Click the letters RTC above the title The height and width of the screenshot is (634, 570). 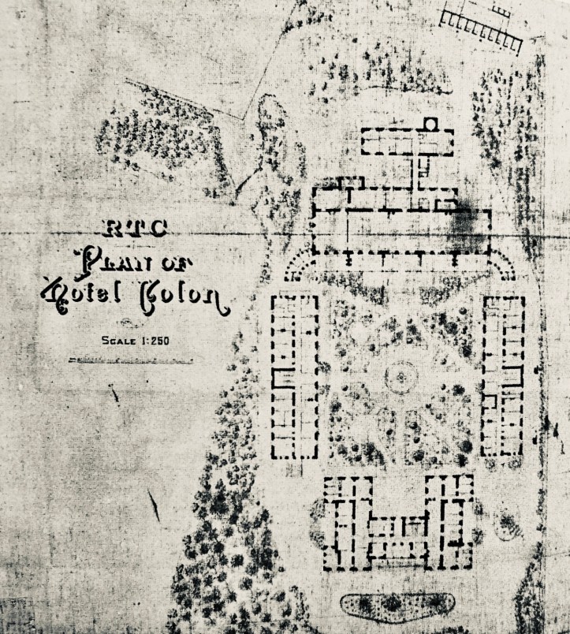tap(136, 229)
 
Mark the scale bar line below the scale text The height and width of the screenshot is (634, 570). tap(130, 360)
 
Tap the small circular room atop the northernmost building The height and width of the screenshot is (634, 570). tap(430, 125)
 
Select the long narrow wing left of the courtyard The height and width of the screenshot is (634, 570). tap(294, 376)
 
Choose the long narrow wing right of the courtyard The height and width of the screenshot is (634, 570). tap(503, 376)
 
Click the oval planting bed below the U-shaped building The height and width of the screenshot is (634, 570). tap(397, 606)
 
